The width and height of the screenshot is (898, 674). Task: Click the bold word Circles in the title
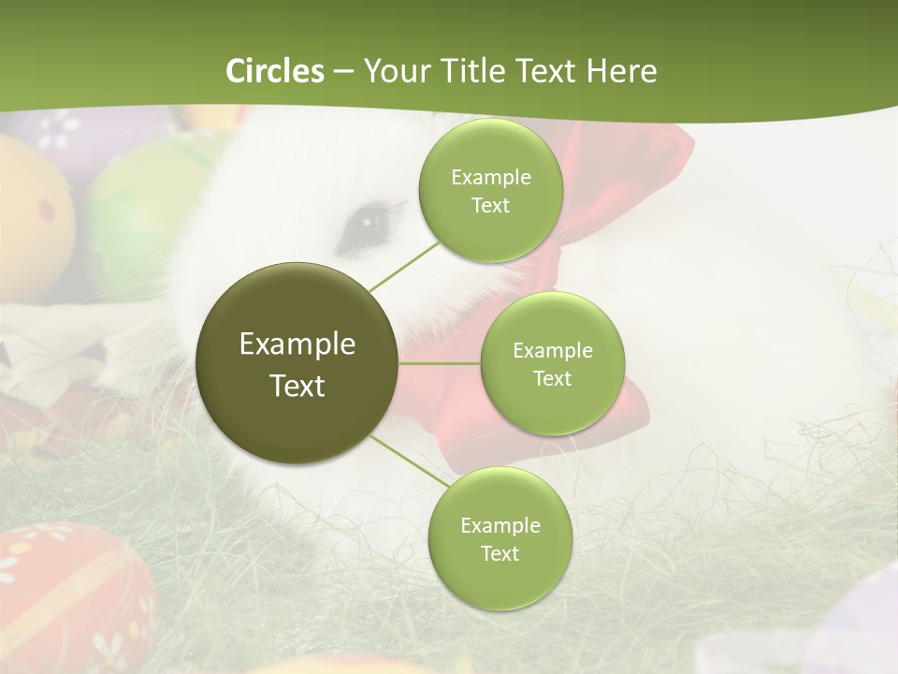275,71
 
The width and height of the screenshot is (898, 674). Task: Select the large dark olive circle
297,363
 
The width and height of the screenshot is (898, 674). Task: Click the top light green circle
490,190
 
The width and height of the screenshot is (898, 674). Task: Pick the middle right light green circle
552,363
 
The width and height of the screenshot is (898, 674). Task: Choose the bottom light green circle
500,538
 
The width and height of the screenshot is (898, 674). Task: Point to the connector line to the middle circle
440,363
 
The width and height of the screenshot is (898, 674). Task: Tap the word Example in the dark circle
297,344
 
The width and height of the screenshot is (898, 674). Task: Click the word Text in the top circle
490,205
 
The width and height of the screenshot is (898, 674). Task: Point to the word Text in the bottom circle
500,553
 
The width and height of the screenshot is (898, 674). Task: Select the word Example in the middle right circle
552,351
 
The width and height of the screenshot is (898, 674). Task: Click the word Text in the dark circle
297,386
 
